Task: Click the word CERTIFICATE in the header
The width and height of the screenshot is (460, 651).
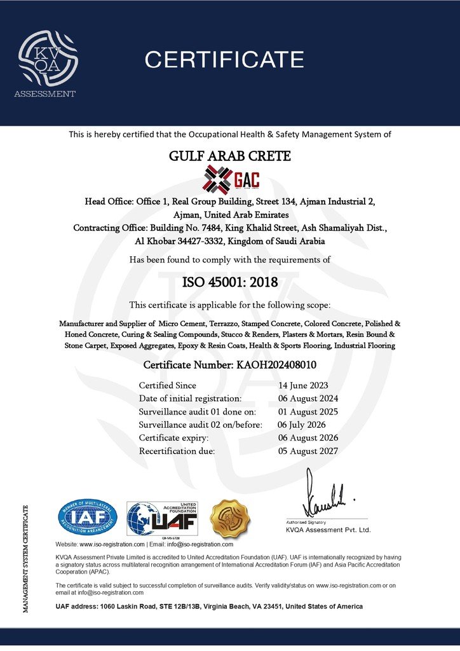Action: click(x=224, y=60)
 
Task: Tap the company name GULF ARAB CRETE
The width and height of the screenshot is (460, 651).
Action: click(x=229, y=154)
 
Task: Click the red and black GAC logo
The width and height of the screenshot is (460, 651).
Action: click(x=231, y=178)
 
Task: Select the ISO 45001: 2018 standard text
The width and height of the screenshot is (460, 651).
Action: click(x=229, y=281)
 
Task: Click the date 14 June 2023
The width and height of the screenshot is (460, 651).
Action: click(x=303, y=386)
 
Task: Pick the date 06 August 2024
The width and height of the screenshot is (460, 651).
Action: click(x=308, y=399)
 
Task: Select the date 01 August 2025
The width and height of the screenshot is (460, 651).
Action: click(x=308, y=411)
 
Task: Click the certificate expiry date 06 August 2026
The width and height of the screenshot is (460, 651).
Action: click(x=308, y=438)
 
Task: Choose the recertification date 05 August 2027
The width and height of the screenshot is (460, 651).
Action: click(x=308, y=451)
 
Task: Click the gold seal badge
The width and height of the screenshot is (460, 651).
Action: click(x=230, y=518)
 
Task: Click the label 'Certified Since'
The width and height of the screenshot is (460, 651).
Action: click(x=168, y=386)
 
